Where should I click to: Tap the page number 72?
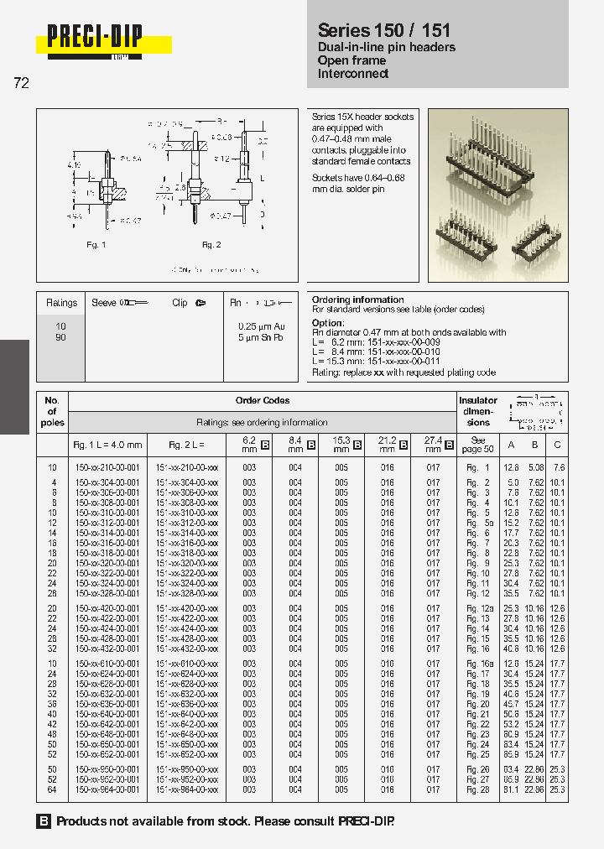point(21,83)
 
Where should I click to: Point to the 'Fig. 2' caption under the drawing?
point(211,244)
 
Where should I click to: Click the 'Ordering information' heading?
point(357,299)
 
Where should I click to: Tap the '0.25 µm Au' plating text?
point(261,326)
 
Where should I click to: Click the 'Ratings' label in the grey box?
point(61,303)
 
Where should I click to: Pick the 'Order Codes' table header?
point(263,400)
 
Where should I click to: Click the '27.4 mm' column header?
point(432,444)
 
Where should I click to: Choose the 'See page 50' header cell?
point(478,444)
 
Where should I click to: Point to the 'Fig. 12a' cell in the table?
point(478,608)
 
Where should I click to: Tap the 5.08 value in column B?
point(535,468)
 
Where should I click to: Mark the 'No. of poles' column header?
point(52,411)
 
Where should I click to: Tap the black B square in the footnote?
point(44,821)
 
